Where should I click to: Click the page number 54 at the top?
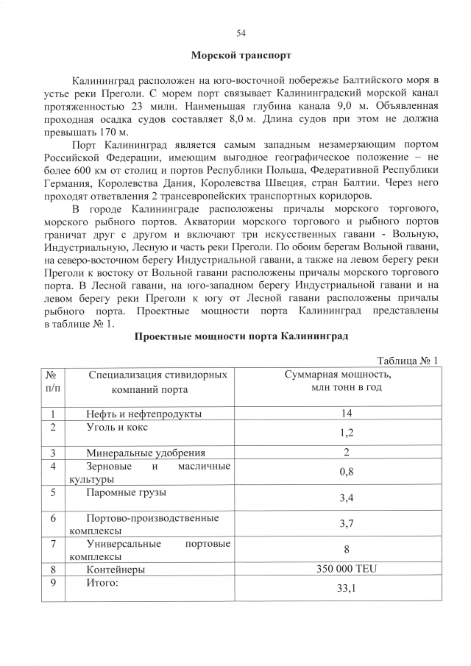241,32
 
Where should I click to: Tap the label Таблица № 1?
407,361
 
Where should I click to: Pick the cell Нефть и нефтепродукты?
144,414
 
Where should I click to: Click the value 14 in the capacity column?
347,413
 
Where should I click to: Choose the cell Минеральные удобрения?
145,453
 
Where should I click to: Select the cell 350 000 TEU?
347,569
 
